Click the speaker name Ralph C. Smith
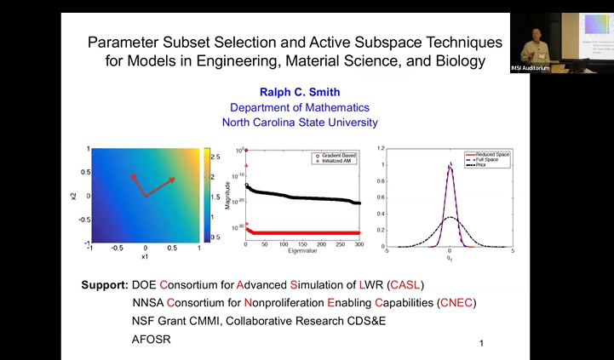pos(299,92)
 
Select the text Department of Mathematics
pos(299,107)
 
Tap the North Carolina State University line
pos(299,123)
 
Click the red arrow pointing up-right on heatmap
pos(161,186)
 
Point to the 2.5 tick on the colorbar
pos(216,157)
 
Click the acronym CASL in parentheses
pos(405,284)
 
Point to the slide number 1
pos(481,344)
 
